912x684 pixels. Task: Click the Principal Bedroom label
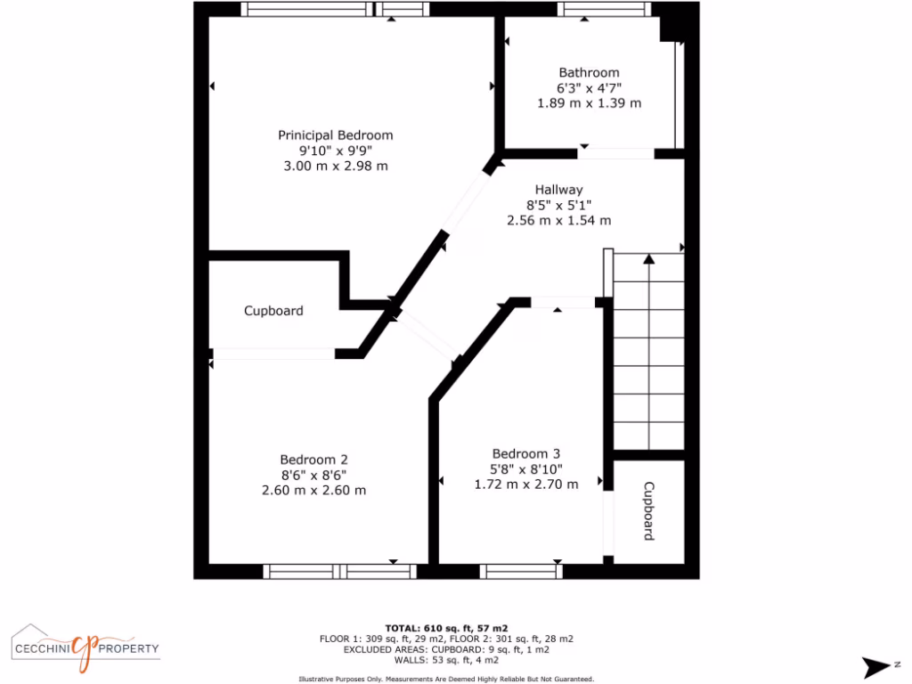(335, 135)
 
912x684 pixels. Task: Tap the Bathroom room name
(589, 73)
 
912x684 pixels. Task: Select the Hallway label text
(558, 190)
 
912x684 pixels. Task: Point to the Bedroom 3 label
(525, 454)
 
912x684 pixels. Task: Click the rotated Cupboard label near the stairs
(649, 511)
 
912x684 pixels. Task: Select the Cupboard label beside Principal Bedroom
(273, 311)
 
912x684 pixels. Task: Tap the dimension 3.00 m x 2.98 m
(335, 166)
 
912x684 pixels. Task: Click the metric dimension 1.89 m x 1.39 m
(589, 103)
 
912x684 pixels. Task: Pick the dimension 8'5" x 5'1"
(558, 205)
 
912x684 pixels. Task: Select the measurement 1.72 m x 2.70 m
(525, 484)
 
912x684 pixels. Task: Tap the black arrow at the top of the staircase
(648, 259)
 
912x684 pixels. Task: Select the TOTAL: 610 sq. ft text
(446, 628)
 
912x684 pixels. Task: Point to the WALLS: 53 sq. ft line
(446, 660)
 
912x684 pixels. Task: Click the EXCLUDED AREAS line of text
(446, 649)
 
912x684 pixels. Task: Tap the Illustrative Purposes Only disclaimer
(446, 678)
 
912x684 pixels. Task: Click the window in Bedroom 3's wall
(520, 571)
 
